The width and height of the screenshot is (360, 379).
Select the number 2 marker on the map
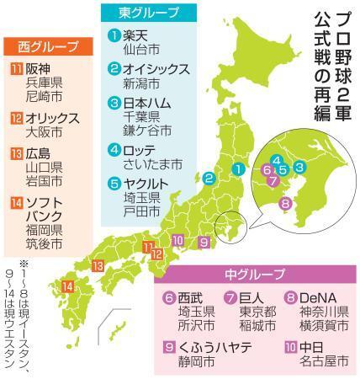pyautogui.click(x=206, y=178)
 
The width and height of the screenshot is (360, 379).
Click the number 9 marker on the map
pyautogui.click(x=204, y=242)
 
